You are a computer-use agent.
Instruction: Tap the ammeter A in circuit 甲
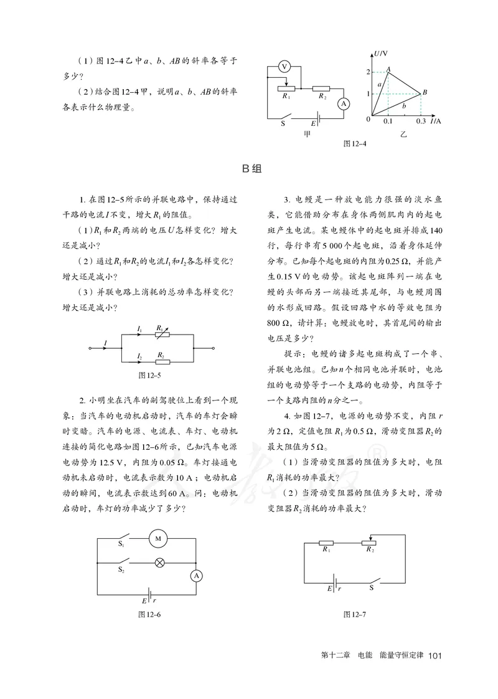(x=342, y=104)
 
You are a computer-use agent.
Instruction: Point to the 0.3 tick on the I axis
(x=421, y=121)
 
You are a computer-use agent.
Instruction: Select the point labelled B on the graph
(x=424, y=93)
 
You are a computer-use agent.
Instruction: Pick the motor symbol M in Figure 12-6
(x=157, y=538)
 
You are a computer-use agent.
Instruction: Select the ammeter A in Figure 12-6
(x=195, y=576)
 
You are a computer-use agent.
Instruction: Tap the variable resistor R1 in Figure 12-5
(x=160, y=334)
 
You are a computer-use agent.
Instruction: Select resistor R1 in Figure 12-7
(x=326, y=543)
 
